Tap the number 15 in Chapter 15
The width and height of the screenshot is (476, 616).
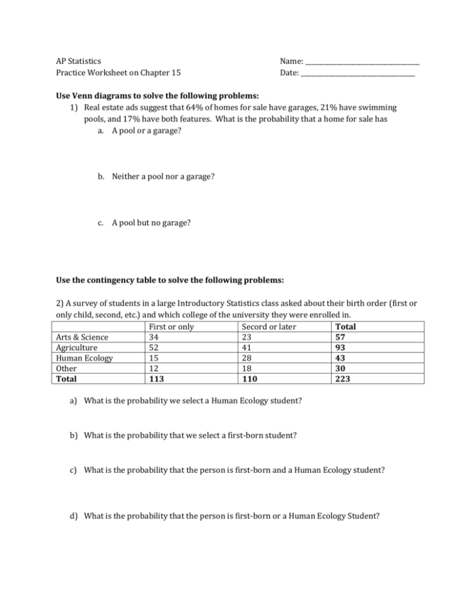point(175,73)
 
